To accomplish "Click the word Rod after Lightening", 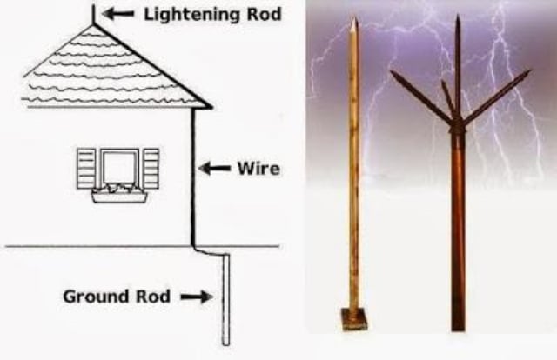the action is coord(264,14).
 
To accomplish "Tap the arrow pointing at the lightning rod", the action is coord(118,14).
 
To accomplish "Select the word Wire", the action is coord(258,169).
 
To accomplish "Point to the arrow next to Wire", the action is coord(215,169).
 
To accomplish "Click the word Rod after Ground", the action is coord(153,297).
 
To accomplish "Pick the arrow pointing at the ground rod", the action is coord(197,297).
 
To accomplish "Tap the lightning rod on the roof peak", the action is coord(94,15).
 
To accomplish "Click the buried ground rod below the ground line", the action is coord(226,299).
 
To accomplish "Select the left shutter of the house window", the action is coord(86,169).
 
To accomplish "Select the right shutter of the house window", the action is coord(151,169).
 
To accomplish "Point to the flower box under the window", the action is coord(119,197).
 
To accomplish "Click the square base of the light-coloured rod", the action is coord(355,319).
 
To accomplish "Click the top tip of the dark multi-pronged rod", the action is coord(458,16).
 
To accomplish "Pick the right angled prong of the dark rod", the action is coord(497,95).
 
